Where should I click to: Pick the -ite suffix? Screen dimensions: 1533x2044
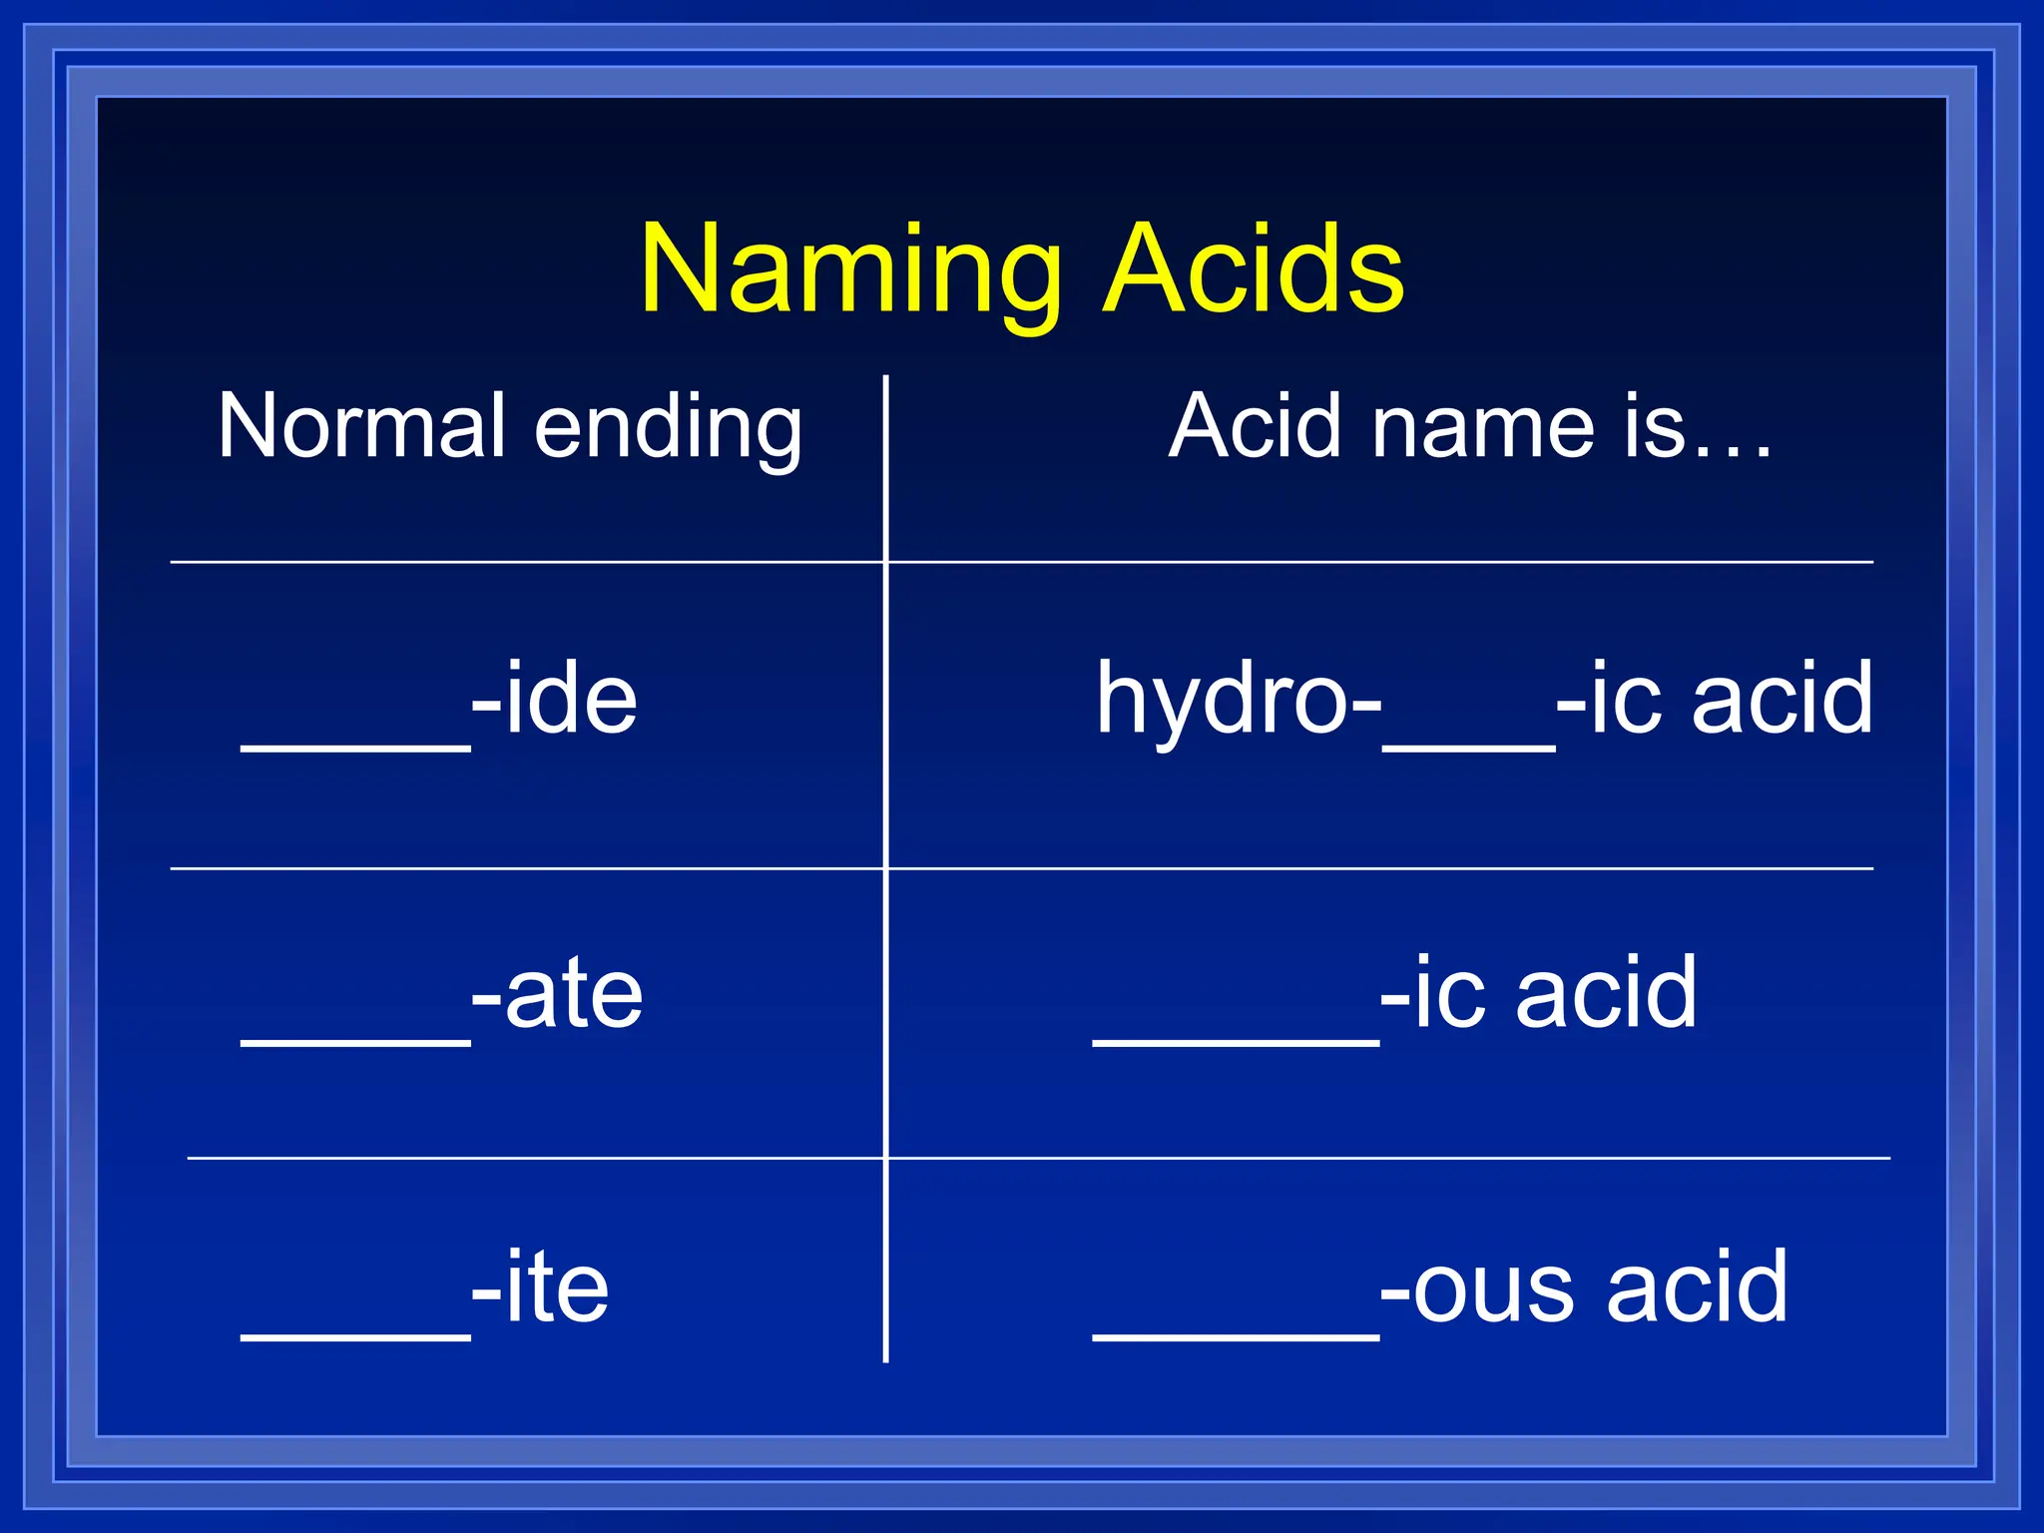(540, 1287)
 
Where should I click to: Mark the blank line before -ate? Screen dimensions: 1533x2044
(355, 1042)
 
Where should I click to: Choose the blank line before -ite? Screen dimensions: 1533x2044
(355, 1336)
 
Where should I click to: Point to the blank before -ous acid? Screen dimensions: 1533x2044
(1236, 1336)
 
